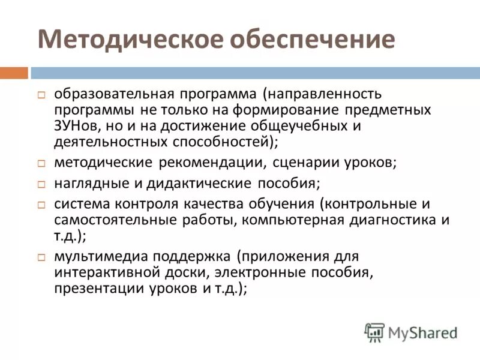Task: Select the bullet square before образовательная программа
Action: point(41,95)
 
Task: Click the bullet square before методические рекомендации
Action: point(41,163)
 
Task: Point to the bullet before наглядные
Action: point(41,184)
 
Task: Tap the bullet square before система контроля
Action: point(41,205)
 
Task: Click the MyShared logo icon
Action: point(374,332)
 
